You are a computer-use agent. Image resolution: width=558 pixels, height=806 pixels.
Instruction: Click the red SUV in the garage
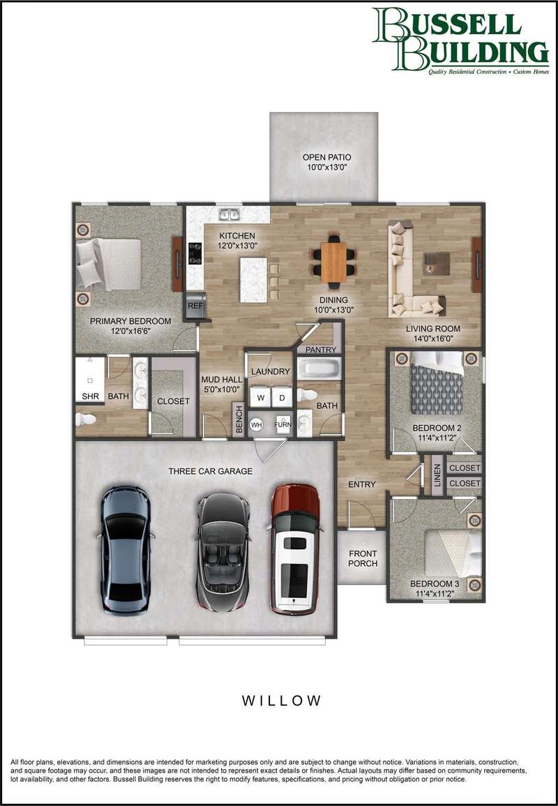point(294,549)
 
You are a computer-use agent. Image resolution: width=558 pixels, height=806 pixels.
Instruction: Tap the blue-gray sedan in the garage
point(126,551)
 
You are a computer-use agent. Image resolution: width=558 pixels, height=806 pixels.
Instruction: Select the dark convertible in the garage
point(223,553)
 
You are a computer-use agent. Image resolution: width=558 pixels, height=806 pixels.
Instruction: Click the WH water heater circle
point(257,425)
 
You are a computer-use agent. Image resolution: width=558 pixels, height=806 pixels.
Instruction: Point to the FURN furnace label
point(282,425)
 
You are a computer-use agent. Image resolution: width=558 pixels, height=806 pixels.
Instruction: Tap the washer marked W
point(260,397)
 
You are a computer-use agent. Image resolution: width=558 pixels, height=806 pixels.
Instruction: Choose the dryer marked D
point(282,397)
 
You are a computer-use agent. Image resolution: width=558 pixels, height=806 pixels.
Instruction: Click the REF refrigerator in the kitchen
point(195,306)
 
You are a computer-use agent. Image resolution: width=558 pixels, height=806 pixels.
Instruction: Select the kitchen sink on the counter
point(229,214)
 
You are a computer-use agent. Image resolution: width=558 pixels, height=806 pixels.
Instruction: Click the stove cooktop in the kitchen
point(195,253)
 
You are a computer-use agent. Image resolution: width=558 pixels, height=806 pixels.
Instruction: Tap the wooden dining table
point(333,262)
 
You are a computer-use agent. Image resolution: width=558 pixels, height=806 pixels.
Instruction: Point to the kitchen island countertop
point(253,280)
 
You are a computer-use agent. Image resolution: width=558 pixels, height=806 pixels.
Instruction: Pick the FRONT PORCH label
point(363,558)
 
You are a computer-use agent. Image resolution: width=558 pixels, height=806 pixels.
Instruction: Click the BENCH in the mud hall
point(238,420)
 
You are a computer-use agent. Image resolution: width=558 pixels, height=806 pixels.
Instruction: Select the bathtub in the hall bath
point(319,368)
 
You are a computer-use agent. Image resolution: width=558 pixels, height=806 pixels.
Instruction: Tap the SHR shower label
point(90,396)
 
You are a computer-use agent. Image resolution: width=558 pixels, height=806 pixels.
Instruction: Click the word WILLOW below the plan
point(282,700)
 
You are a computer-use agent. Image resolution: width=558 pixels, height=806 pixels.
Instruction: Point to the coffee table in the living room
point(436,264)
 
